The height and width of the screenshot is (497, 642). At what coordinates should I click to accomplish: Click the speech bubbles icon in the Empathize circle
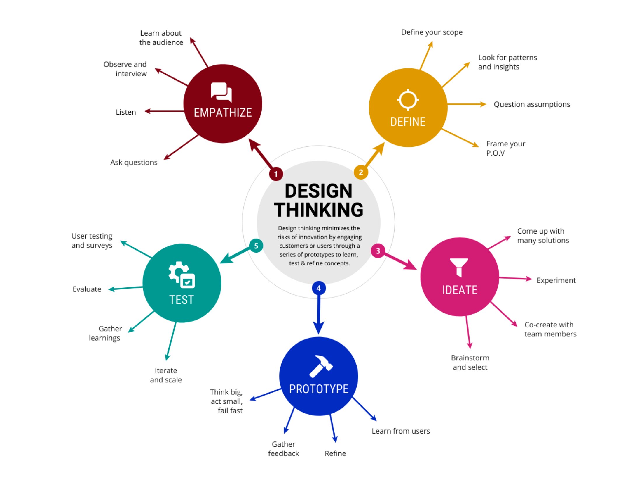coord(221,92)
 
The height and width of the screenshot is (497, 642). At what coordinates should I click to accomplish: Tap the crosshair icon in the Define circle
coord(408,99)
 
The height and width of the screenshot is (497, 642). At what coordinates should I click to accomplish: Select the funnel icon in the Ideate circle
coord(459,267)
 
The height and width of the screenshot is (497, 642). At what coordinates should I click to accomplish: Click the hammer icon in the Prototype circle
coord(321,366)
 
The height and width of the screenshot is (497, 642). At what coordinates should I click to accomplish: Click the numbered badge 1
coord(276,174)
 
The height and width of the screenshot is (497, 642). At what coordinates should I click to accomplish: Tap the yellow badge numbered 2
coord(361,172)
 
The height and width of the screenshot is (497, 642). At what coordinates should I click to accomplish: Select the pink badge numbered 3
coord(378,251)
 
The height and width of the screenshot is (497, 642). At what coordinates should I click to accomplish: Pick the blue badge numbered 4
coord(319,288)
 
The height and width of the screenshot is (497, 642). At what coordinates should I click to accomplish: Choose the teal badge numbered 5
coord(256,246)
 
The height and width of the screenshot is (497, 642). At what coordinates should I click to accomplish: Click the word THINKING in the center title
coord(319,210)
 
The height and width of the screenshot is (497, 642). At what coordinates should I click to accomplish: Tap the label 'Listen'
coord(126,112)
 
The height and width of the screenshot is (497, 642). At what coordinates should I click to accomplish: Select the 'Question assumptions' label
coord(532,105)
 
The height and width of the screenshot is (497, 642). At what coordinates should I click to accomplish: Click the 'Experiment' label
coord(556,281)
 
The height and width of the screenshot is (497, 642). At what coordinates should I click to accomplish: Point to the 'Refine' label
coord(335,453)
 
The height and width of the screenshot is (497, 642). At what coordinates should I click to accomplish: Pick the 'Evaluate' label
coord(87,289)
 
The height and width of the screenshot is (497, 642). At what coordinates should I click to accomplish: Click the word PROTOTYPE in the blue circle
coord(319,389)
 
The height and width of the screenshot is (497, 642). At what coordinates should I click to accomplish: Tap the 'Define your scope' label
coord(432,32)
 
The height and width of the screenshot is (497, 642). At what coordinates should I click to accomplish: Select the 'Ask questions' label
coord(134,163)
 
